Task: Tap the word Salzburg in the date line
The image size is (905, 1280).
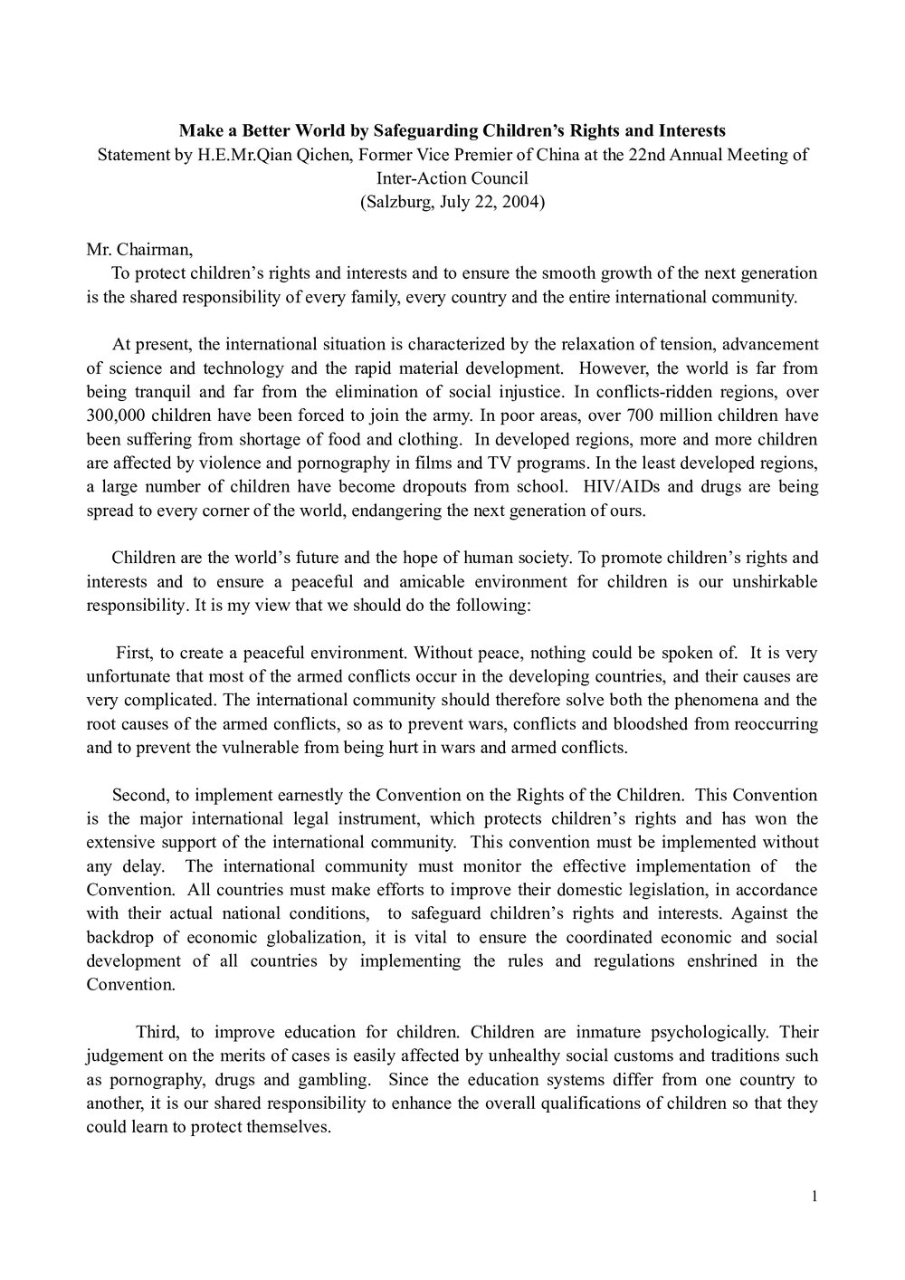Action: click(x=398, y=202)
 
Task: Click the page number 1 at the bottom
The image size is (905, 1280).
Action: click(x=814, y=1198)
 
